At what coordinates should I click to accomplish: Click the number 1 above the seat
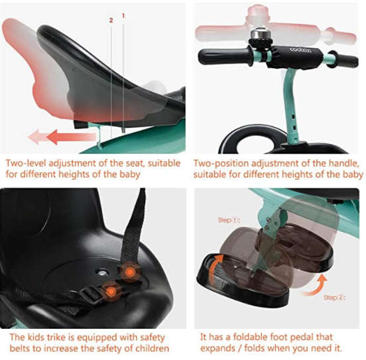(123, 16)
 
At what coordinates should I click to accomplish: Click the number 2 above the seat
(111, 21)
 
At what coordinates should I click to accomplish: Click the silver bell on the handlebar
(259, 33)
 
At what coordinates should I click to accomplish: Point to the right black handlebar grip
(345, 60)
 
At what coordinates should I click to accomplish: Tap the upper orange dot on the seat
(130, 272)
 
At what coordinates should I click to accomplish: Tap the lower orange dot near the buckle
(111, 291)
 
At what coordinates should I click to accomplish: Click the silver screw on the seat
(101, 272)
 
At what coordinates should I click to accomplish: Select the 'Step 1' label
(229, 220)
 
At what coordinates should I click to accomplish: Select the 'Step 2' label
(334, 298)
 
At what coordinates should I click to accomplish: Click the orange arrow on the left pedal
(214, 268)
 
